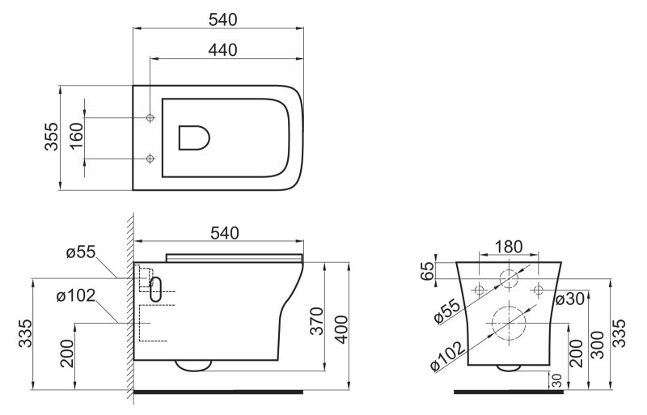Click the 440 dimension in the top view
coord(223,50)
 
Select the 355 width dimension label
coord(52,137)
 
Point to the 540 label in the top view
coord(223,19)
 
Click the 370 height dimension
coord(317,321)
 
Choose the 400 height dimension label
coord(341,329)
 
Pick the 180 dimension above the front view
coord(509,247)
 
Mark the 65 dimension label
coord(428,271)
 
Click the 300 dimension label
coord(597,345)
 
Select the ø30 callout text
coord(570,299)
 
